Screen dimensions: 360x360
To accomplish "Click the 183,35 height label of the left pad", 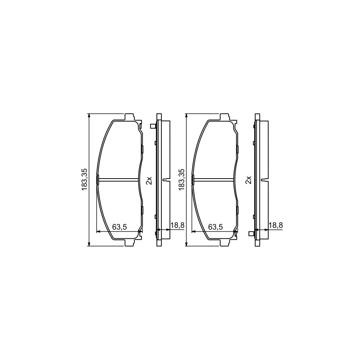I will coord(84,180).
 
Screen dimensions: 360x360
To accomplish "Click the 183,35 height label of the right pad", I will coord(182,180).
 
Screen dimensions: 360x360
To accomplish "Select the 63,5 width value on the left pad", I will coord(120,227).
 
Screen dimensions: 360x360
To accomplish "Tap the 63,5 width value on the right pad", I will coord(216,227).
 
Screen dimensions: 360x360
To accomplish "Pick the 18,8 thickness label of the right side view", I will coord(276,225).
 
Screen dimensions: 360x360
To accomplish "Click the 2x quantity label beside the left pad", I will coord(149,180).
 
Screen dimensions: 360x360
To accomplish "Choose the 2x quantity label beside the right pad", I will coord(249,180).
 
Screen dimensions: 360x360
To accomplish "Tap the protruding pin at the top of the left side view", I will coord(153,126).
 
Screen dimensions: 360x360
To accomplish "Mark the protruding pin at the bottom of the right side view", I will coord(251,233).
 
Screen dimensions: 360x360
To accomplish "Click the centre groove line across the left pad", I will coord(118,180).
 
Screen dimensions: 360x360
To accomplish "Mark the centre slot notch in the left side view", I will coord(165,180).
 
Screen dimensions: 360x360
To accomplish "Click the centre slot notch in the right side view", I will coord(263,180).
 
